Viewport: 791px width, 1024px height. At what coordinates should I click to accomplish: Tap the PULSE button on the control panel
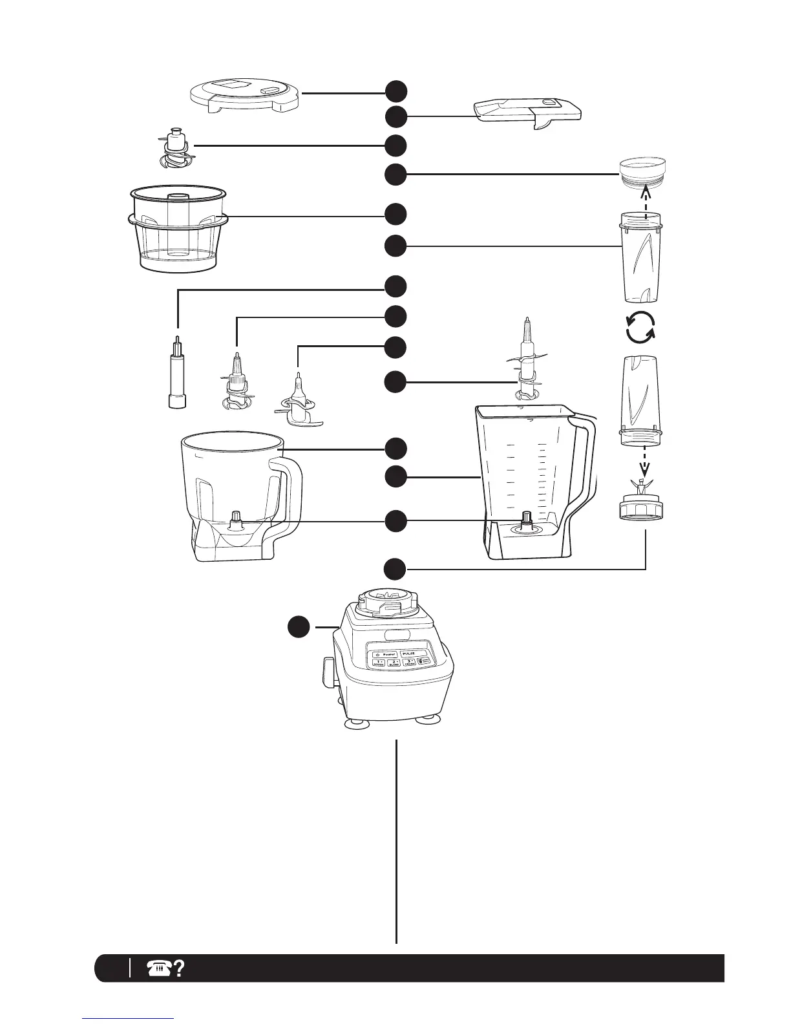pyautogui.click(x=408, y=654)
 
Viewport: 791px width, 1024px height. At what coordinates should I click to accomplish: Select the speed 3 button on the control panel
pyautogui.click(x=409, y=663)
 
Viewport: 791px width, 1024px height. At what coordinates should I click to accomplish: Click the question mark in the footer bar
pyautogui.click(x=179, y=968)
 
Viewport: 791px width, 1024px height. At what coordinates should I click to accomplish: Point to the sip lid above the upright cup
pyautogui.click(x=642, y=171)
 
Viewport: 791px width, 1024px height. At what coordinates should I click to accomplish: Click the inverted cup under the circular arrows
pyautogui.click(x=641, y=401)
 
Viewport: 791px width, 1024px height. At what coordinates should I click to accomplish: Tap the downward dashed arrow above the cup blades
pyautogui.click(x=644, y=463)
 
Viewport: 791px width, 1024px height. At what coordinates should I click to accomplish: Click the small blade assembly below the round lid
pyautogui.click(x=173, y=148)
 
